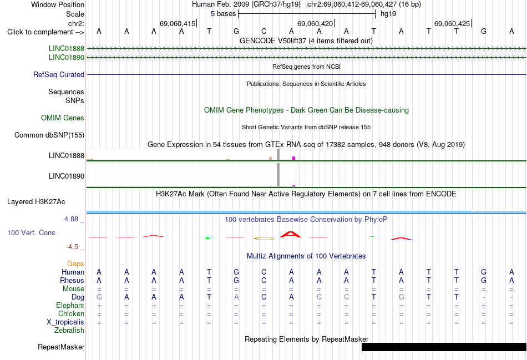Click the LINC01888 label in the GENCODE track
point(66,48)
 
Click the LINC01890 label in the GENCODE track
point(66,58)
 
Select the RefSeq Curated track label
point(58,75)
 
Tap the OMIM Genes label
point(62,118)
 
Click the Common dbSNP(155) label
point(49,135)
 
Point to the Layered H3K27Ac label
point(36,202)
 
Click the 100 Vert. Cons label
point(31,232)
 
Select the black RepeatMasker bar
point(444,347)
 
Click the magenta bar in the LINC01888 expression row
point(294,158)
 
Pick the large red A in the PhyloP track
point(291,234)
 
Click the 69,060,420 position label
point(315,23)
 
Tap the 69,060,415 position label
point(178,23)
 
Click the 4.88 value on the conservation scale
point(71,219)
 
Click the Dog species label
point(78,297)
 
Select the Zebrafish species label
point(69,331)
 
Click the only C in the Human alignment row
point(264,272)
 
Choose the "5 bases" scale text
point(223,14)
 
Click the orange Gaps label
point(75,264)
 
